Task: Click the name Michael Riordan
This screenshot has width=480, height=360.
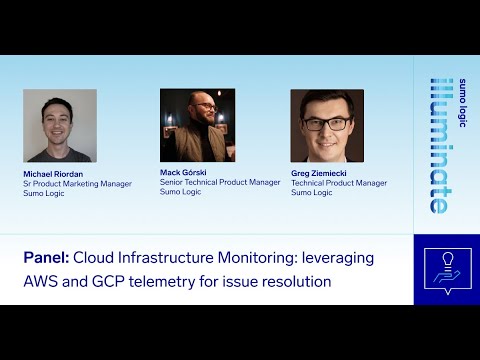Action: pos(53,174)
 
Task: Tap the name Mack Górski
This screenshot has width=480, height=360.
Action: pos(183,173)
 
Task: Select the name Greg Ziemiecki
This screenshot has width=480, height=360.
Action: pos(319,173)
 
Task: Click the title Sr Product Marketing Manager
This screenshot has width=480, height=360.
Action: pos(77,184)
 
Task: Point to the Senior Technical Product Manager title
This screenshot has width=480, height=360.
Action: pos(220,182)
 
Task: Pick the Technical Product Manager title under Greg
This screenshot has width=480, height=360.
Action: pos(339,183)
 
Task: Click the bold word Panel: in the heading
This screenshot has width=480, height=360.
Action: pos(46,258)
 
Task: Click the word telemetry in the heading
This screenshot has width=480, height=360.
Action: pos(162,283)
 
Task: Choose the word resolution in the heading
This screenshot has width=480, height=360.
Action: pos(296,282)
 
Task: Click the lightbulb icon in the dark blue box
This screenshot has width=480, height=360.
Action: pos(448,259)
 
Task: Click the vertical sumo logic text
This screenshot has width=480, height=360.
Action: pos(462,103)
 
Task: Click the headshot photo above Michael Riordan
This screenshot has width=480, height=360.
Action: pos(60,126)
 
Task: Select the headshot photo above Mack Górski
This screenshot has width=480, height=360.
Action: pos(197,125)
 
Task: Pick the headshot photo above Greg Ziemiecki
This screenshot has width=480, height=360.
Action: pos(327,126)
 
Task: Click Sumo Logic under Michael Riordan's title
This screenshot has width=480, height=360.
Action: pos(44,193)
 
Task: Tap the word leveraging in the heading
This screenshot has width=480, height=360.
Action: pos(338,259)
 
